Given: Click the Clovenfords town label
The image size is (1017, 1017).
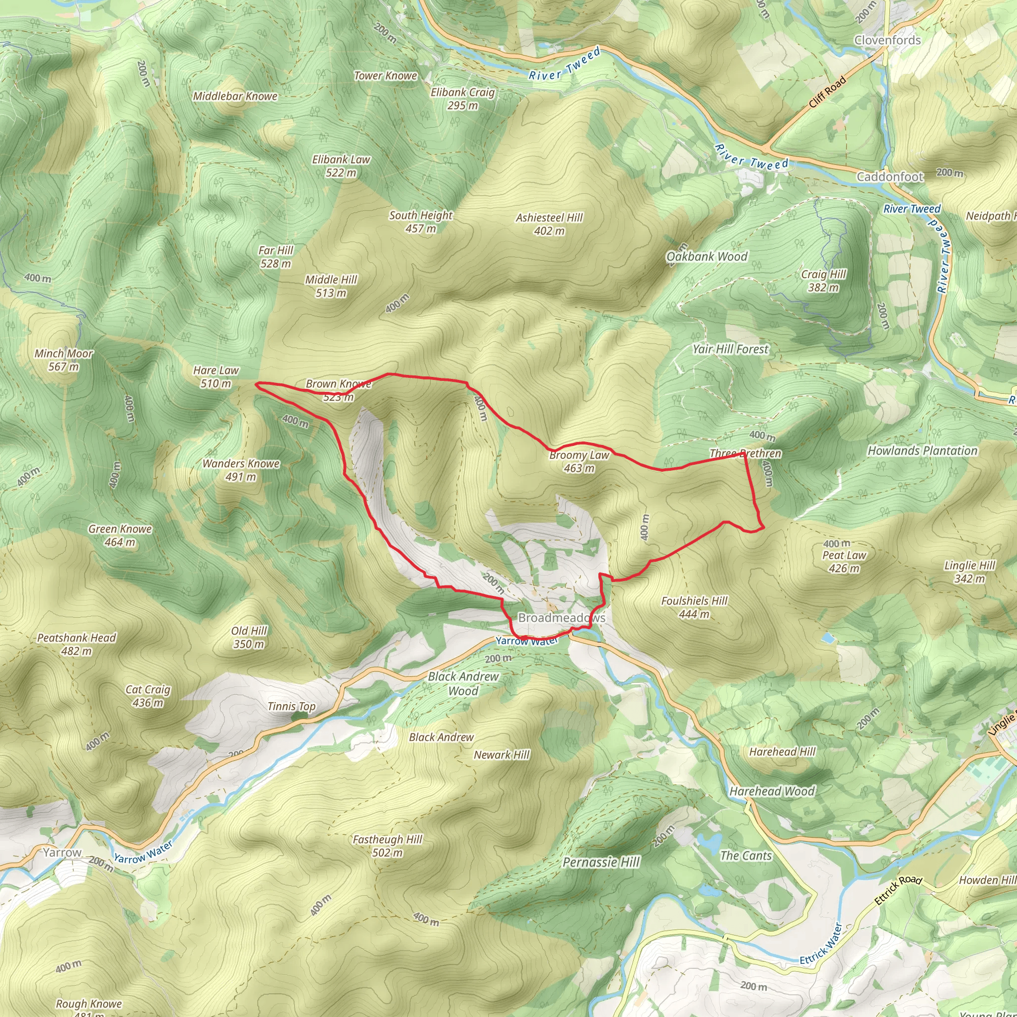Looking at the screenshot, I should pyautogui.click(x=887, y=40).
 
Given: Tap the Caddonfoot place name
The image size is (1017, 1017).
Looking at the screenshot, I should pyautogui.click(x=889, y=177).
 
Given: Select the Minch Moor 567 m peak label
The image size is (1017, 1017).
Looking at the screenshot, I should pyautogui.click(x=64, y=360).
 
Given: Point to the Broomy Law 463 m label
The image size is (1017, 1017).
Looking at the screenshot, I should pyautogui.click(x=579, y=462).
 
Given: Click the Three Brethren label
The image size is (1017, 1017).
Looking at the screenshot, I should pyautogui.click(x=745, y=453).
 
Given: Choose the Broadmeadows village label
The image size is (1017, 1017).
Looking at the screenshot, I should pyautogui.click(x=562, y=617).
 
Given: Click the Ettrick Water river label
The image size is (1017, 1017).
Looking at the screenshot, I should pyautogui.click(x=821, y=944).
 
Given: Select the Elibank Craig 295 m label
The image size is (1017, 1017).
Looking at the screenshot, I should pyautogui.click(x=463, y=98).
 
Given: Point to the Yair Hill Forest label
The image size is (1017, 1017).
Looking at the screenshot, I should pyautogui.click(x=730, y=349).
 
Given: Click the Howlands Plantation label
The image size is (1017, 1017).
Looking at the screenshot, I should pyautogui.click(x=922, y=450).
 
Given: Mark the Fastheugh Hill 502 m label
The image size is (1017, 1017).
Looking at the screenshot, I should pyautogui.click(x=387, y=846).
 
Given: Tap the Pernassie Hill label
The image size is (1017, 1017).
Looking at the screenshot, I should pyautogui.click(x=601, y=862).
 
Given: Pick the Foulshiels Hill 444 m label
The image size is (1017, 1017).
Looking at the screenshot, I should pyautogui.click(x=694, y=607).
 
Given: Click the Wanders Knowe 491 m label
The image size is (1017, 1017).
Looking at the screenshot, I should pyautogui.click(x=241, y=470).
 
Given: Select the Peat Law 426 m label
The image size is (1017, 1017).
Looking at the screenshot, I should pyautogui.click(x=844, y=562).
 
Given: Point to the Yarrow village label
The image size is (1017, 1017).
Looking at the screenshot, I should pyautogui.click(x=62, y=852).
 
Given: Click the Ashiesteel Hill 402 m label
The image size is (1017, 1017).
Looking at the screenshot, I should pyautogui.click(x=549, y=224).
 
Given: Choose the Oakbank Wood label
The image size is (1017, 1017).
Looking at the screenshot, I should pyautogui.click(x=707, y=256).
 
